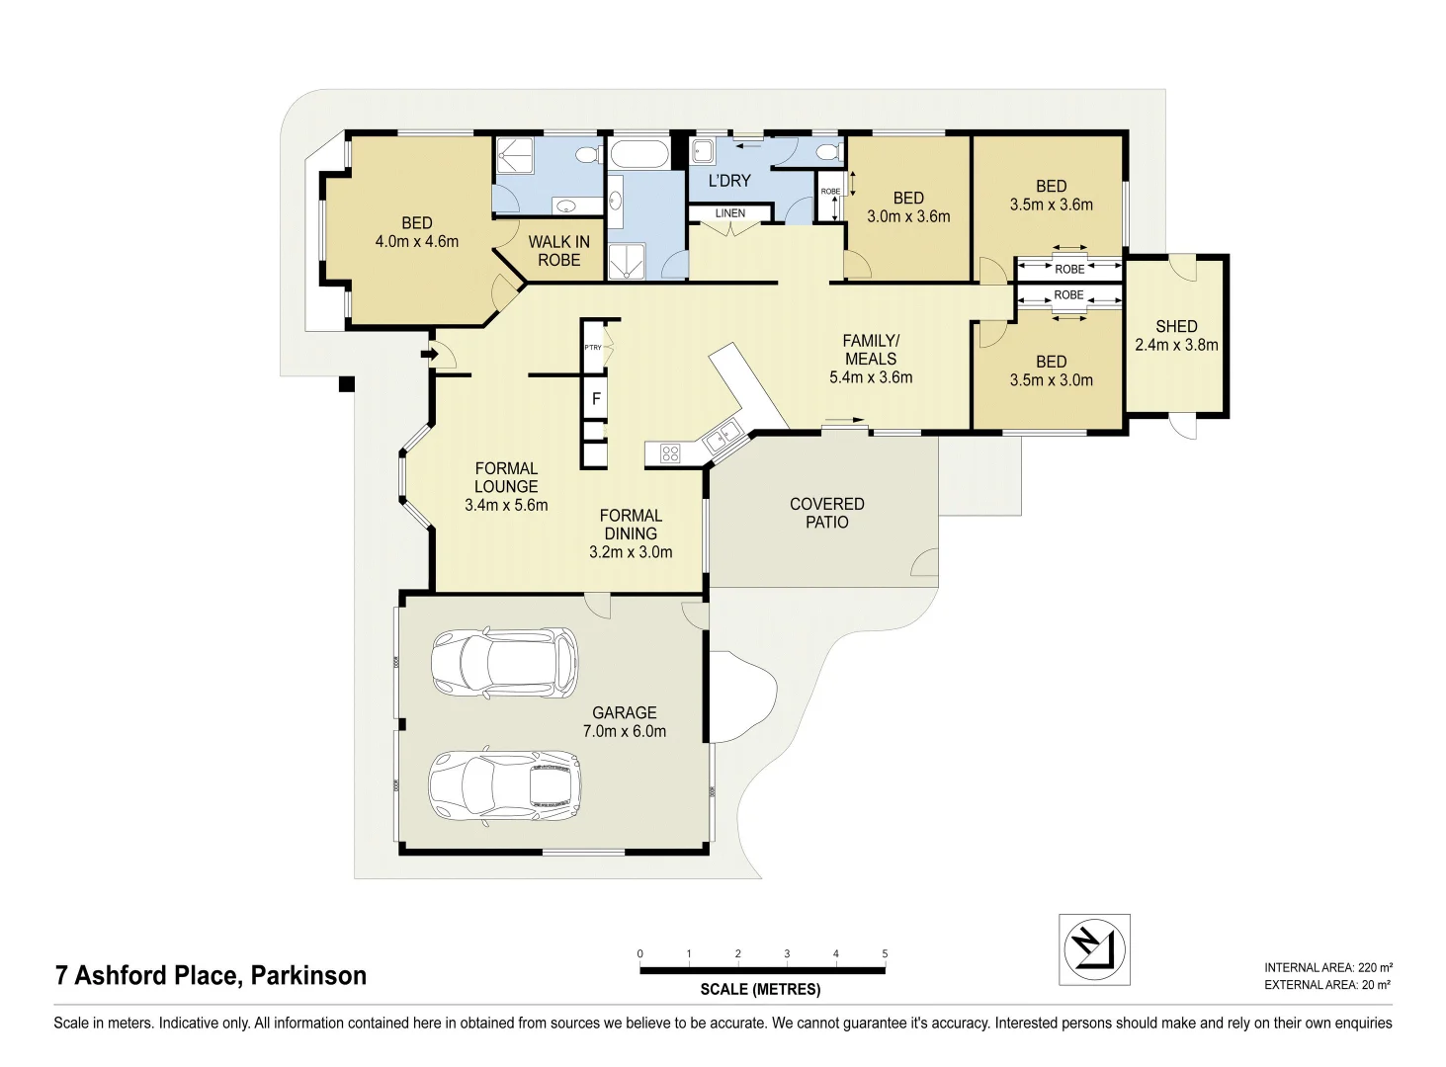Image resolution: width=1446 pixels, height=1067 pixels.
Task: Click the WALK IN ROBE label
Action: pos(558,251)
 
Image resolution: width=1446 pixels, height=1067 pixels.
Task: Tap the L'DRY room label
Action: pos(729,181)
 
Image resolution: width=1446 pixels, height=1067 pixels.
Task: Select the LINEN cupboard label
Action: pos(730,213)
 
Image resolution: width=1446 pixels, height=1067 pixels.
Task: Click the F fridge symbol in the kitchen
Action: pos(596,399)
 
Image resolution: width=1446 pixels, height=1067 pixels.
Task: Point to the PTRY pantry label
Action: pos(593,348)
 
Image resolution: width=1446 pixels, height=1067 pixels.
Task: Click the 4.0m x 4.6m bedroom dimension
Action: pos(417,241)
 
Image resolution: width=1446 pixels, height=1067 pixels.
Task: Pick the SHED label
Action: pos(1176,326)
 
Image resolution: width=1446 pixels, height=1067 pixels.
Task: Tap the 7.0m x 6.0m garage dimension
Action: pos(625,732)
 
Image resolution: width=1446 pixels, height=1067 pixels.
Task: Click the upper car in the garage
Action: pos(504,663)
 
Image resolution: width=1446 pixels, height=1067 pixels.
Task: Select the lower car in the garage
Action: pos(505,786)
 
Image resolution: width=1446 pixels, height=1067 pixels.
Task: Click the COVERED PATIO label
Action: pos(827,513)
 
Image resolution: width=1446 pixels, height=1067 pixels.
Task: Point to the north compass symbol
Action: pos(1094,949)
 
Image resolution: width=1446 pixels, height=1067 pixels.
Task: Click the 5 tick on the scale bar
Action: pos(885,954)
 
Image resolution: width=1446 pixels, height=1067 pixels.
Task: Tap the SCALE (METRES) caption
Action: pos(760,990)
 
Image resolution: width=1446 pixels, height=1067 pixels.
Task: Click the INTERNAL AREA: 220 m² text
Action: pos(1327,968)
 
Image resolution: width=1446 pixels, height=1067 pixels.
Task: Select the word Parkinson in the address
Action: pos(308,976)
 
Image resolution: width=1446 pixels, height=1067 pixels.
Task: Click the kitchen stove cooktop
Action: pos(670,453)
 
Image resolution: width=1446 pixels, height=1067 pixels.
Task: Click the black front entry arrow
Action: pos(430,353)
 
